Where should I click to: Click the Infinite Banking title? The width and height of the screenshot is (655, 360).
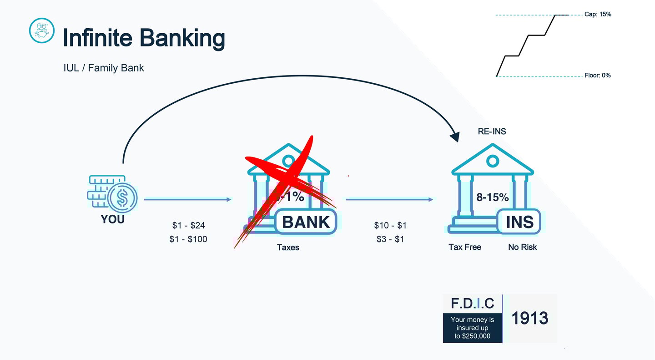pyautogui.click(x=143, y=37)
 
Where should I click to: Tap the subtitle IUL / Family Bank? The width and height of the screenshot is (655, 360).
pyautogui.click(x=104, y=68)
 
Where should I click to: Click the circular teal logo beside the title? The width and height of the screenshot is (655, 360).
pyautogui.click(x=41, y=30)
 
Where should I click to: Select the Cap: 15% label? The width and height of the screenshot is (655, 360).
pyautogui.click(x=598, y=15)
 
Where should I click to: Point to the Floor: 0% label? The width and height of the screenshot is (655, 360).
pyautogui.click(x=597, y=76)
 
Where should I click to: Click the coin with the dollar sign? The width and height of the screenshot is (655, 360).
pyautogui.click(x=122, y=197)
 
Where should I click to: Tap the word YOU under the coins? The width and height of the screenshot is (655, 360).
pyautogui.click(x=112, y=219)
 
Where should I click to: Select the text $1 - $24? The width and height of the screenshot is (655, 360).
pyautogui.click(x=188, y=225)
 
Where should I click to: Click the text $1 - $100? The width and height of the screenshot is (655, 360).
pyautogui.click(x=188, y=239)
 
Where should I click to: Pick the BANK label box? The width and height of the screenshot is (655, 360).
pyautogui.click(x=306, y=222)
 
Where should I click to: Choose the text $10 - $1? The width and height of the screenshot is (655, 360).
pyautogui.click(x=390, y=225)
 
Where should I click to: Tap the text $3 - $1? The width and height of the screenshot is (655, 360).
pyautogui.click(x=390, y=239)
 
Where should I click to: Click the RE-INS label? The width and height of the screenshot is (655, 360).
pyautogui.click(x=492, y=132)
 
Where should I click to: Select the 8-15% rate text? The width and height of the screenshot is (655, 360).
pyautogui.click(x=492, y=198)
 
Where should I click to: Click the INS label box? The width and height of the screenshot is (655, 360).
pyautogui.click(x=519, y=222)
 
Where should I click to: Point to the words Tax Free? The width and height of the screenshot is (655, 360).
pyautogui.click(x=465, y=247)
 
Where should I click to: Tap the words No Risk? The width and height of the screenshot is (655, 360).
pyautogui.click(x=522, y=247)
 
